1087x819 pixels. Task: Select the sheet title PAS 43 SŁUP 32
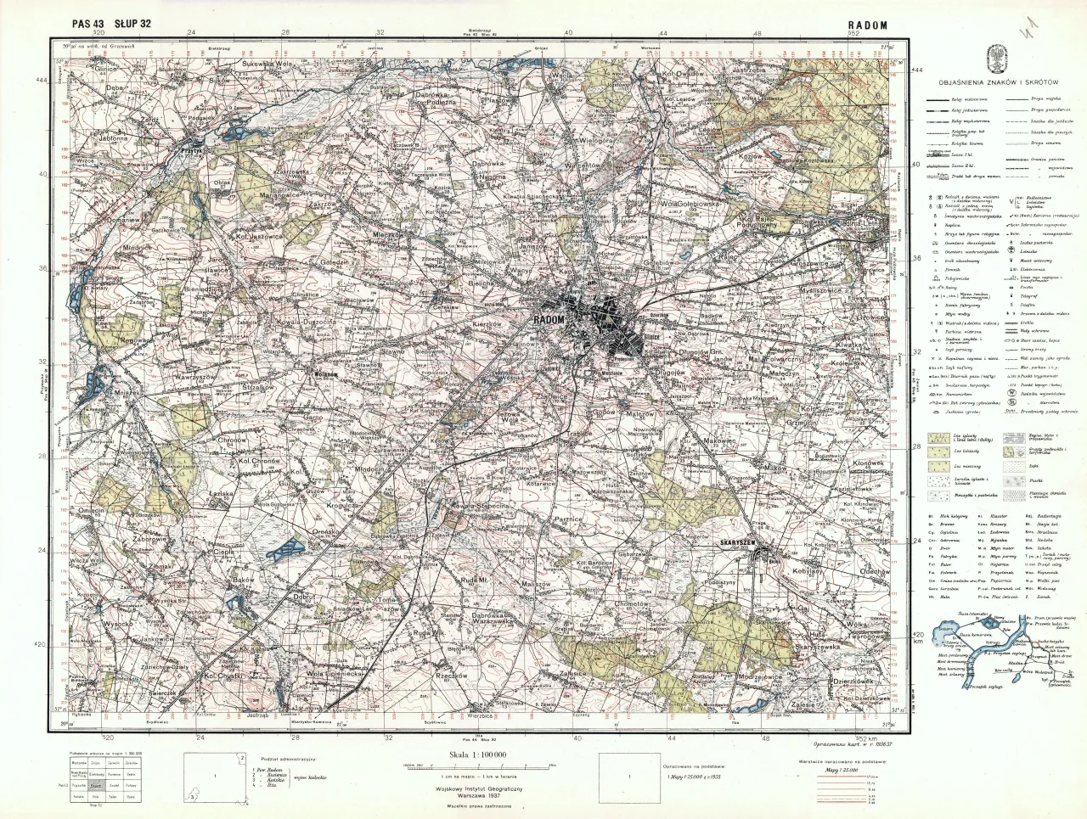tap(112, 23)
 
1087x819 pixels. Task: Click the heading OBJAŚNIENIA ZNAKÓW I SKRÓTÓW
tap(997, 81)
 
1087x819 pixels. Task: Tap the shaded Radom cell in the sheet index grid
tap(96, 785)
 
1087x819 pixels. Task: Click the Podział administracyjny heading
tap(277, 756)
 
